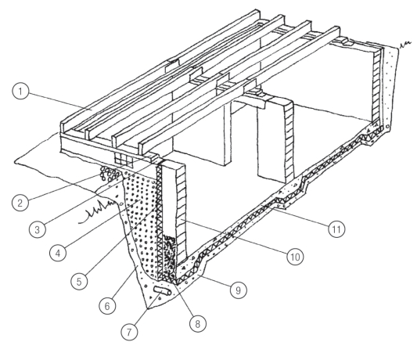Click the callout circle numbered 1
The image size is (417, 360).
pos(20,92)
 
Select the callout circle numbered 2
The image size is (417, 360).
pos(20,203)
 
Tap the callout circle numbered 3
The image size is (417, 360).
pos(38,229)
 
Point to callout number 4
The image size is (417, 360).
pos(58,253)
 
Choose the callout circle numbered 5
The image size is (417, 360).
pos(79,281)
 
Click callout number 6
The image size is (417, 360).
pos(107,306)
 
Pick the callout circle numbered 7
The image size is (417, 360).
pos(129,332)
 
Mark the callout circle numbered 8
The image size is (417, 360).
pos(198,323)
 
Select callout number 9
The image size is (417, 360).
pos(238,290)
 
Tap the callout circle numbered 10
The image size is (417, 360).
pos(295,257)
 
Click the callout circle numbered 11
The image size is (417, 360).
pos(336,229)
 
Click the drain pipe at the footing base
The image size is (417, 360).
pos(162,291)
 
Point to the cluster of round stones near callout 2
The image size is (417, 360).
pos(109,173)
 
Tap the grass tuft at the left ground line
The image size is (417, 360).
pos(99,211)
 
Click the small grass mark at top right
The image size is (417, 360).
pos(405,45)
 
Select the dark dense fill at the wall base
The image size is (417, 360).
pos(169,254)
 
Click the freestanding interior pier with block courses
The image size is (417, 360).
pos(275,139)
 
